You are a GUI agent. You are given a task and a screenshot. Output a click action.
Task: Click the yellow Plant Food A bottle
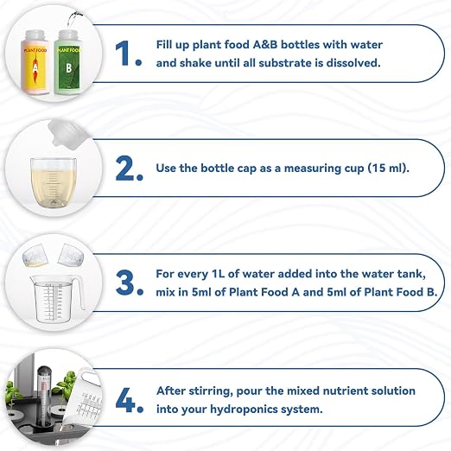35,62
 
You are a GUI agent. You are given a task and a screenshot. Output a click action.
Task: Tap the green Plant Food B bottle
68,62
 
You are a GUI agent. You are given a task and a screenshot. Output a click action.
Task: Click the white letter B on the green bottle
68,68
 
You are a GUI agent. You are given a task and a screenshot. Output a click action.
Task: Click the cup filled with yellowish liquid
54,182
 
